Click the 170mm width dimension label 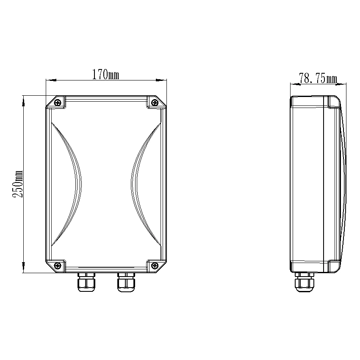[106, 75]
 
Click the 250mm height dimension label [18, 184]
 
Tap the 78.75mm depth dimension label [318, 78]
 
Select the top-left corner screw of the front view [57, 102]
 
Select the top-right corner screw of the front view [155, 102]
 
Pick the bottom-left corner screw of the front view [57, 266]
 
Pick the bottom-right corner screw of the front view [155, 266]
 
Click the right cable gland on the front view [126, 282]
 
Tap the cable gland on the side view [305, 282]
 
